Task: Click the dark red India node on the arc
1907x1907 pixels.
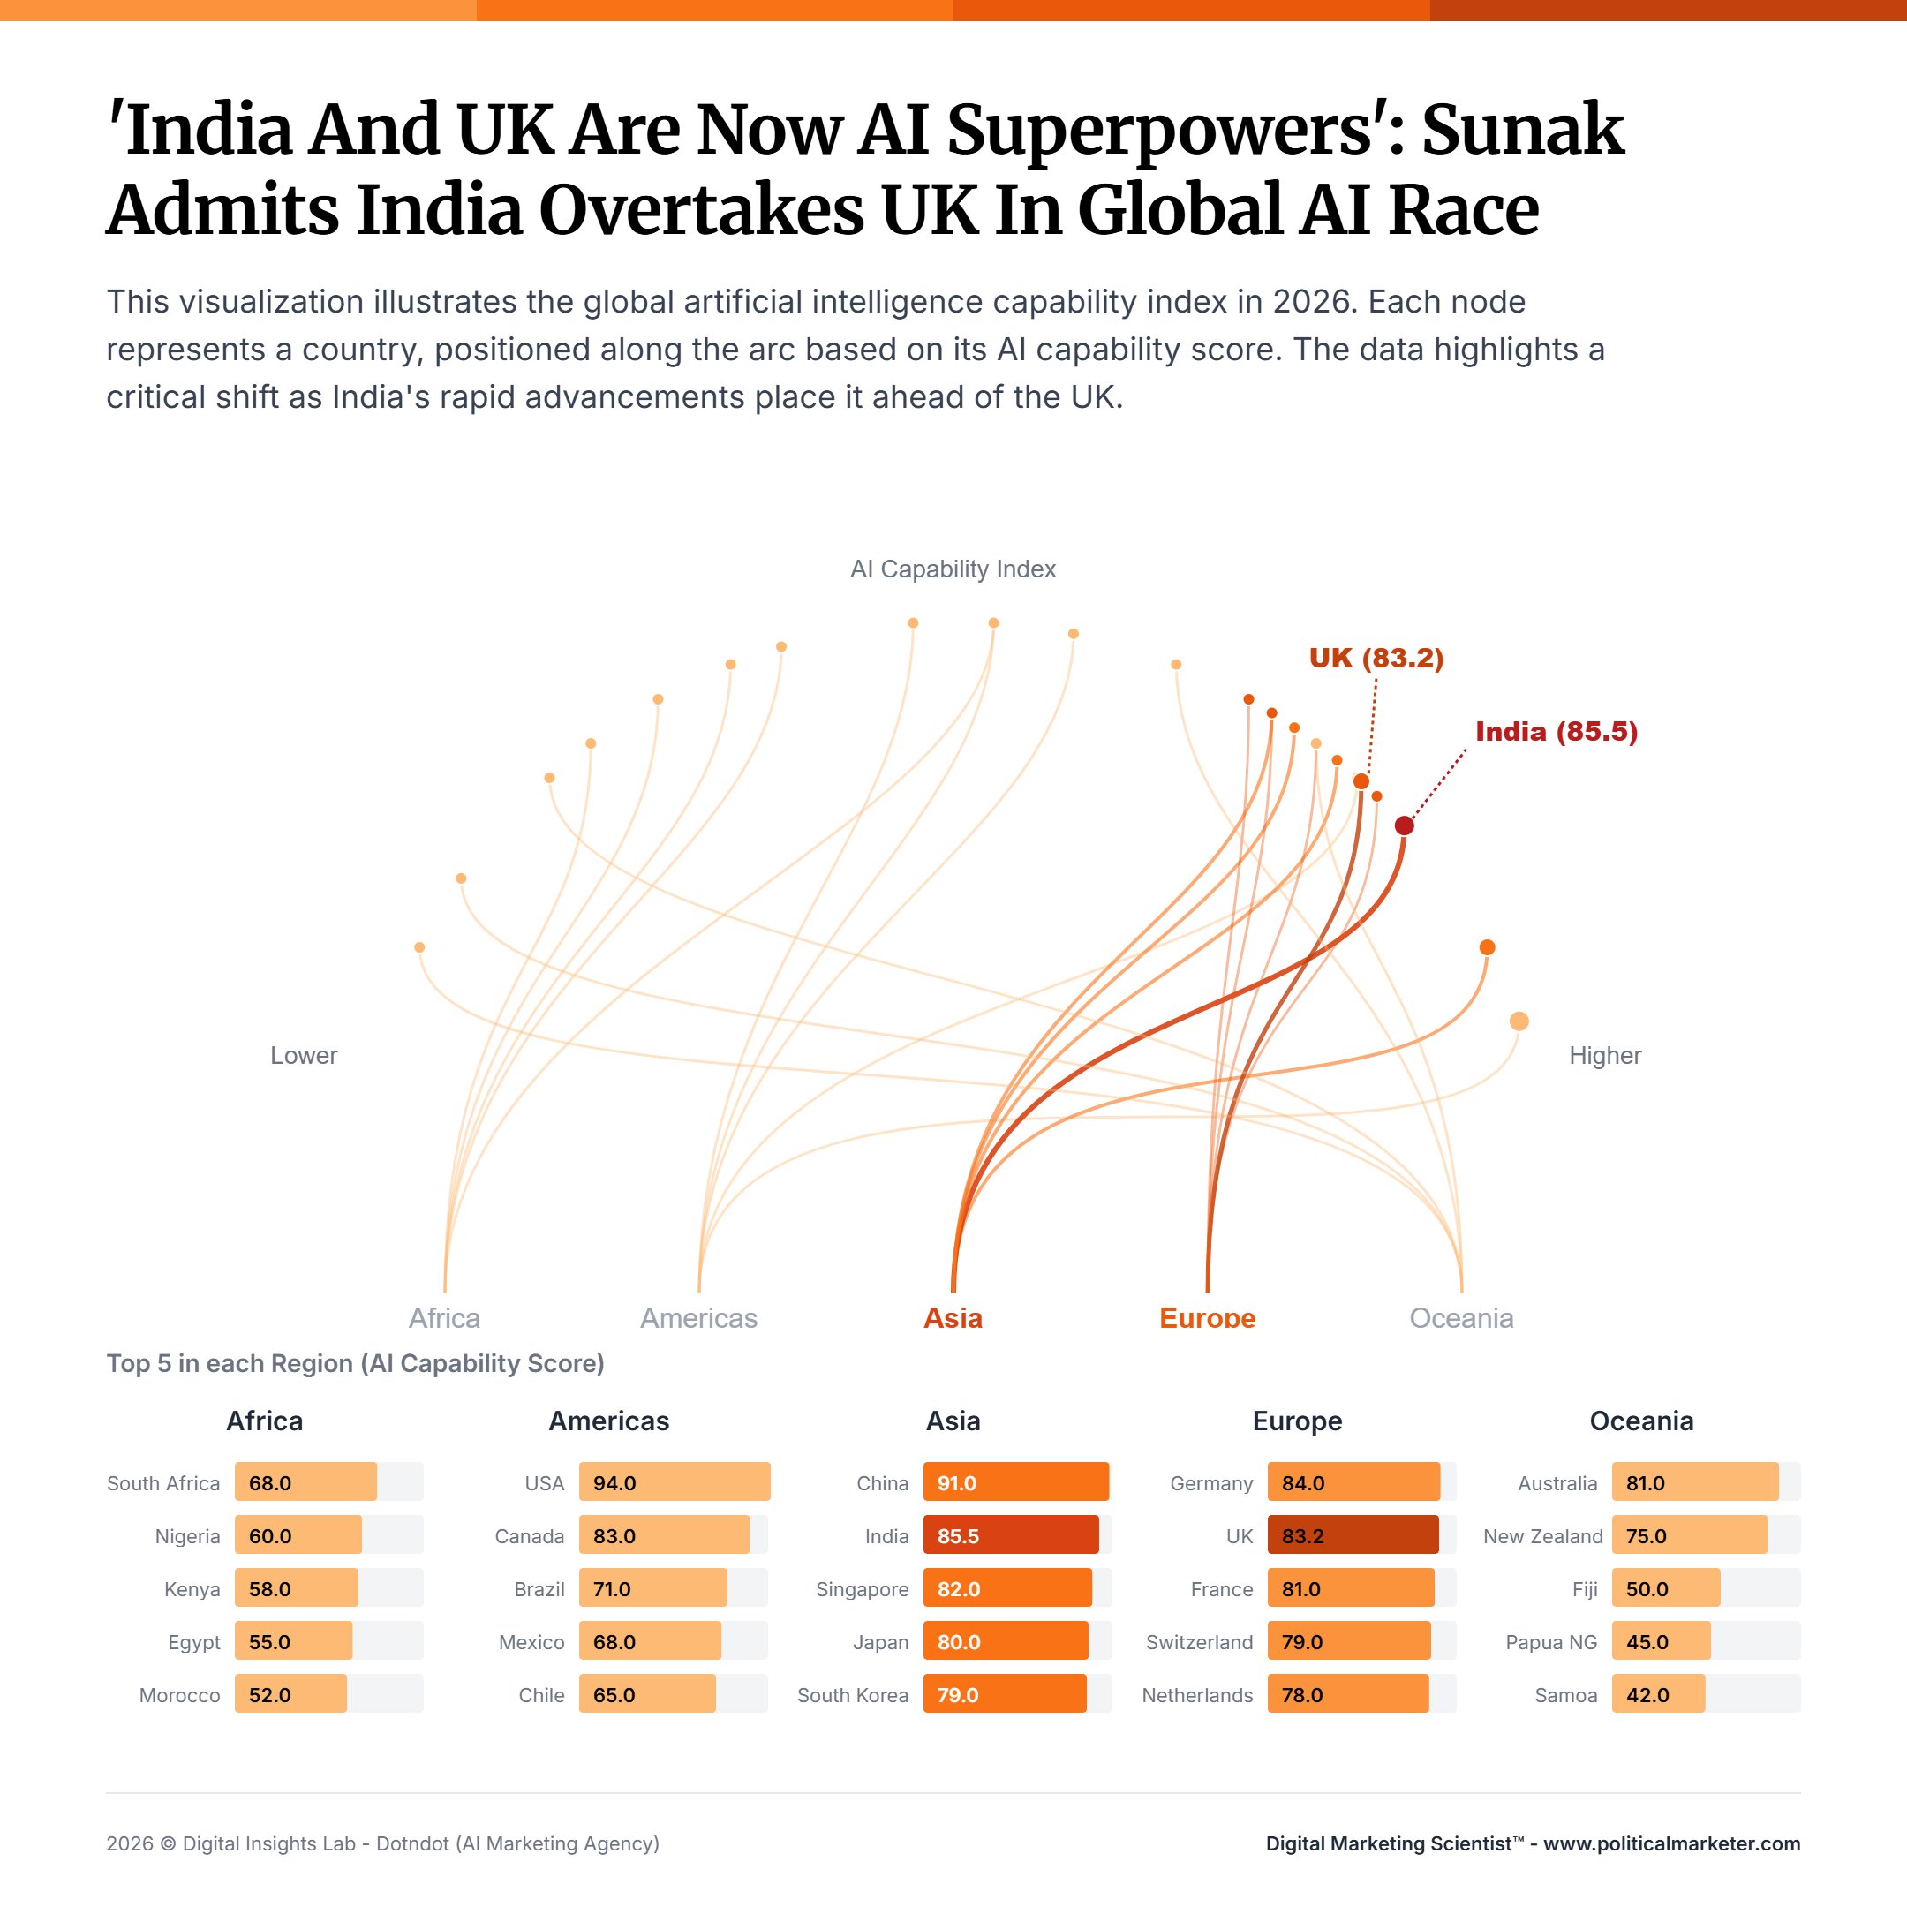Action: point(1404,825)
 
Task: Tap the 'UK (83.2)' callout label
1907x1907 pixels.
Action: point(1376,659)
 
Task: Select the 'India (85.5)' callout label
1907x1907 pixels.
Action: point(1556,731)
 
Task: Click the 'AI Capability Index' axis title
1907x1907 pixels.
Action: point(953,569)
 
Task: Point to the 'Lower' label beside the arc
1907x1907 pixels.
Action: point(304,1055)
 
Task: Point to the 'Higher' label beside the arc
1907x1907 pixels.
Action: point(1605,1055)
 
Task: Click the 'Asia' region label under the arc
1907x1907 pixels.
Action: point(953,1318)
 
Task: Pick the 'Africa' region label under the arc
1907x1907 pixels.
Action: point(444,1318)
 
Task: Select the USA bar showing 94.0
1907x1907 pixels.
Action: point(675,1482)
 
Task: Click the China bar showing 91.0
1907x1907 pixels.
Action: point(1015,1482)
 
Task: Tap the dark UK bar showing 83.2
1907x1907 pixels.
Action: point(1353,1536)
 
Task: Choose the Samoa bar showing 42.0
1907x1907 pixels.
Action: point(1658,1695)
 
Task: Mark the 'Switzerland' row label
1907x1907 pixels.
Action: point(1198,1642)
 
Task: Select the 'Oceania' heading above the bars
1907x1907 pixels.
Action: point(1640,1421)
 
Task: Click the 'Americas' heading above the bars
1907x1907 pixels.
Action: point(609,1421)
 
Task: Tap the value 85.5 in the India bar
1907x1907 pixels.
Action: point(957,1537)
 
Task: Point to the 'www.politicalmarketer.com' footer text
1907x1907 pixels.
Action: point(1671,1843)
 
